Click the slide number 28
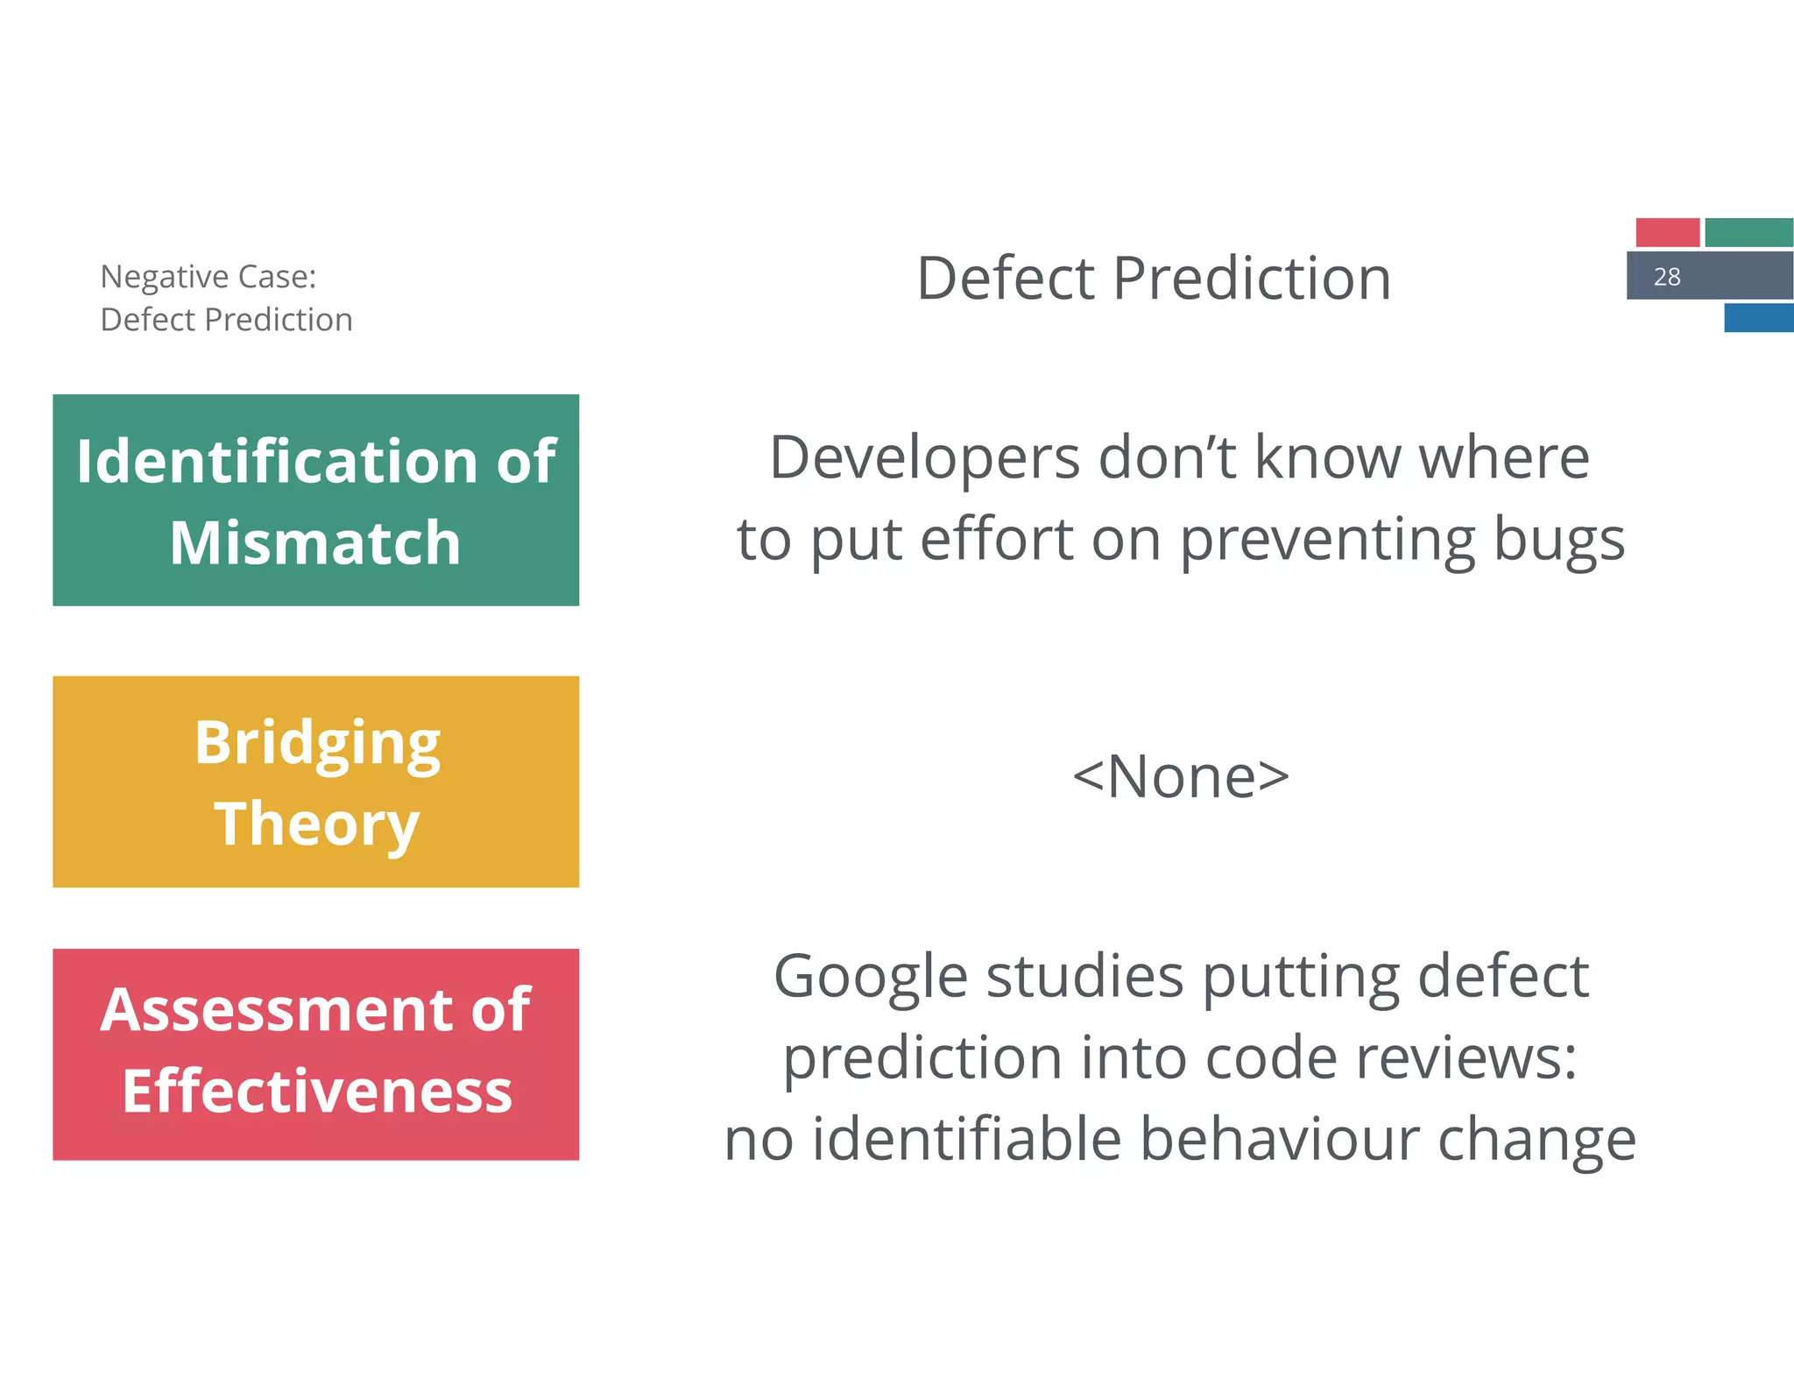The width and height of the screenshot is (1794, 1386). coord(1666,277)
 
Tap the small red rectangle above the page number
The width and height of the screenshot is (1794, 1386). coord(1667,233)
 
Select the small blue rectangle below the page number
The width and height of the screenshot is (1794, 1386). coord(1758,318)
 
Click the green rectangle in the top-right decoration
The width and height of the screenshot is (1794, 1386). coord(1748,233)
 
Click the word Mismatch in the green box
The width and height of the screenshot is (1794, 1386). coord(315,543)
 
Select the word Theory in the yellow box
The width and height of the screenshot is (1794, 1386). coord(317,824)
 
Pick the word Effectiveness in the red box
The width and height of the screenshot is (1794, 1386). coord(317,1092)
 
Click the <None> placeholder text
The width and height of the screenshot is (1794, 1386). coord(1181,777)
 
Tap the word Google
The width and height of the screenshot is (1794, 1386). coord(871,978)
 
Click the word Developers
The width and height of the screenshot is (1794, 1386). coord(925,458)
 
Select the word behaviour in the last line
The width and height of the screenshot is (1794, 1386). coord(1279,1140)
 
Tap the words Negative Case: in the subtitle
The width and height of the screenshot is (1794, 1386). coord(208,277)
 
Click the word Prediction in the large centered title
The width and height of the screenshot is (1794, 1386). coord(1252,279)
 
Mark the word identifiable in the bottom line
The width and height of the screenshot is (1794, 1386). coord(967,1140)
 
